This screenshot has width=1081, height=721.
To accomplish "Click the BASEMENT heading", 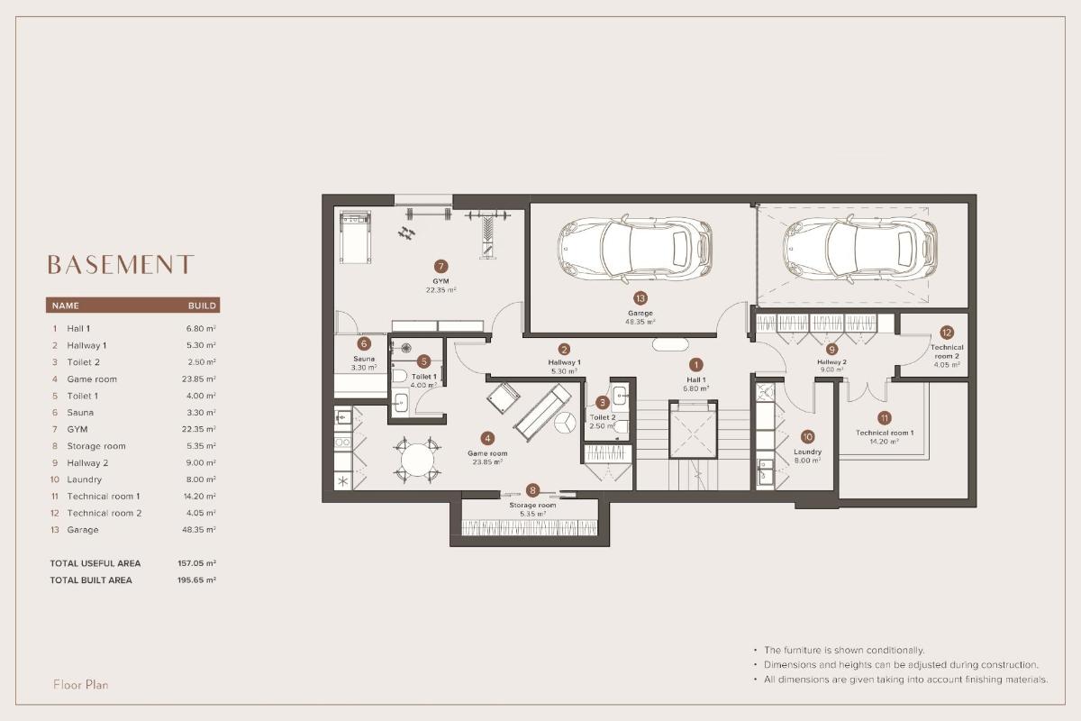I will point(120,264).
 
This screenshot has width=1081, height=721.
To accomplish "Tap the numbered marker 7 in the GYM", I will point(441,267).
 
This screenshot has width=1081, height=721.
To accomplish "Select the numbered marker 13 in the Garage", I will point(640,297).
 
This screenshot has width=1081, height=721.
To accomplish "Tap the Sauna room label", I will point(364,359).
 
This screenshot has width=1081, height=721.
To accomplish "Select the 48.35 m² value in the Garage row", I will point(200,530).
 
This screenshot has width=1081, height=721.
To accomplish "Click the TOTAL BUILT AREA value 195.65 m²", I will point(196,580).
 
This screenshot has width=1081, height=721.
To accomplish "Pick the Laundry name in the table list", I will point(85,479).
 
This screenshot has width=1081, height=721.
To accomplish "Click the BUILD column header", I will point(201,306).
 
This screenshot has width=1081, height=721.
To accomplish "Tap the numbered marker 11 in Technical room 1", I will point(884,417).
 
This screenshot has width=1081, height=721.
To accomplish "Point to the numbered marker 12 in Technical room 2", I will point(946,332).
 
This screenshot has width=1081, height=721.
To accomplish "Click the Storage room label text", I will point(532,506).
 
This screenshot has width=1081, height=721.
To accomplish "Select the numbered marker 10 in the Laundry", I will point(807,436).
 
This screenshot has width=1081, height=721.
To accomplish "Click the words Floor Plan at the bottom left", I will point(81,685).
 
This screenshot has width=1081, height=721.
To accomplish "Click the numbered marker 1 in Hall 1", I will point(695,365).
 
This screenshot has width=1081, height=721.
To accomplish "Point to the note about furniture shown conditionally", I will point(843,650).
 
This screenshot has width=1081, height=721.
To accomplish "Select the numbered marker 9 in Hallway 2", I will point(831,349).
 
